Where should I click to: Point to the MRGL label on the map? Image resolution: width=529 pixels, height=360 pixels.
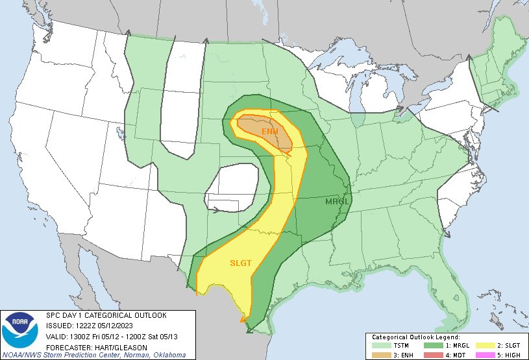[x=337, y=202]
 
